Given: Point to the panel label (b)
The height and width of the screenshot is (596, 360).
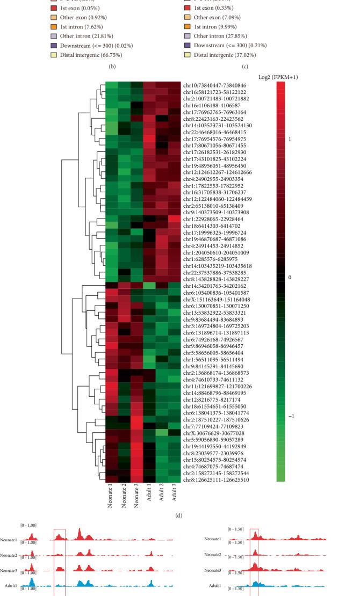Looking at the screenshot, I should pyautogui.click(x=112, y=67).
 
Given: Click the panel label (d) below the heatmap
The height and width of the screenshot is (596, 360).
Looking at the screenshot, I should pyautogui.click(x=179, y=517).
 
